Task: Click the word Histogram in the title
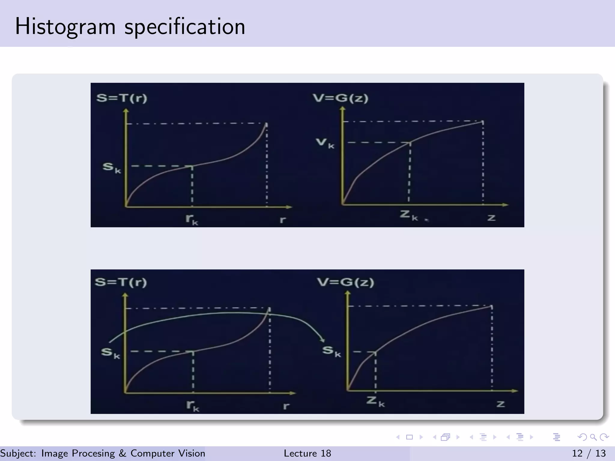tap(65, 27)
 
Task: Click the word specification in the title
tap(185, 27)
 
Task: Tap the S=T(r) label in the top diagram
tap(122, 98)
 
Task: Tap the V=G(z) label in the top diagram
tap(340, 98)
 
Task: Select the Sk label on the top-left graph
tap(111, 167)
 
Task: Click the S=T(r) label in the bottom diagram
tap(121, 282)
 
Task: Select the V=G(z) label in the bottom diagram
tap(345, 282)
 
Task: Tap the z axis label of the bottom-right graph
tap(500, 404)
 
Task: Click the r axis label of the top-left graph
tap(283, 220)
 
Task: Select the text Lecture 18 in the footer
tap(307, 453)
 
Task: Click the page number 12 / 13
tap(589, 453)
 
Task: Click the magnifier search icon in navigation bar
tap(593, 437)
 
